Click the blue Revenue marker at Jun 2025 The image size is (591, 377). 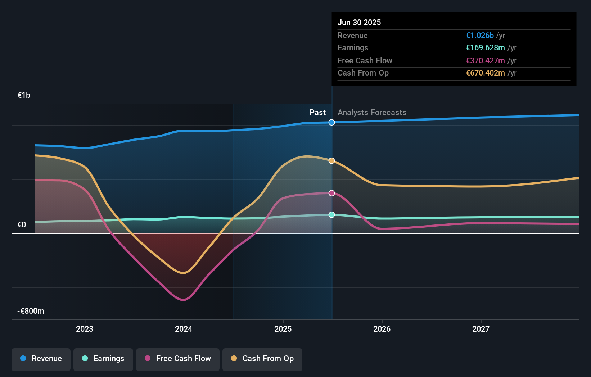pos(331,122)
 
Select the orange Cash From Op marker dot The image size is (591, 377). pos(331,161)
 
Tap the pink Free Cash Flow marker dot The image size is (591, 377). pos(331,193)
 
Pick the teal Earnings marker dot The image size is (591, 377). pos(331,215)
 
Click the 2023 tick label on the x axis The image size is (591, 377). pos(85,329)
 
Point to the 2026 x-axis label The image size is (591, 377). pos(382,329)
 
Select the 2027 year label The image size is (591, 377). pos(481,329)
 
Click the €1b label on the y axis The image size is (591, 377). pos(24,95)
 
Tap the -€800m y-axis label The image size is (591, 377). pos(31,311)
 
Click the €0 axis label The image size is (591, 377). pos(22,224)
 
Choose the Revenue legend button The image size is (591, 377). pos(41,359)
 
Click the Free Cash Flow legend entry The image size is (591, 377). pos(178,359)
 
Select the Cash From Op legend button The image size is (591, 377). pos(262,359)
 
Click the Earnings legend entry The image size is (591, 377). pos(103,359)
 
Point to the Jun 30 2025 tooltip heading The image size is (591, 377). pos(359,22)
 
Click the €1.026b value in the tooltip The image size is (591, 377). pos(479,35)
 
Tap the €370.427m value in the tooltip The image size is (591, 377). pos(485,60)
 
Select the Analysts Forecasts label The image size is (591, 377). pos(372,112)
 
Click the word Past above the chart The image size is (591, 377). pos(317,112)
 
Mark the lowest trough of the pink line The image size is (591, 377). pos(184,300)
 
